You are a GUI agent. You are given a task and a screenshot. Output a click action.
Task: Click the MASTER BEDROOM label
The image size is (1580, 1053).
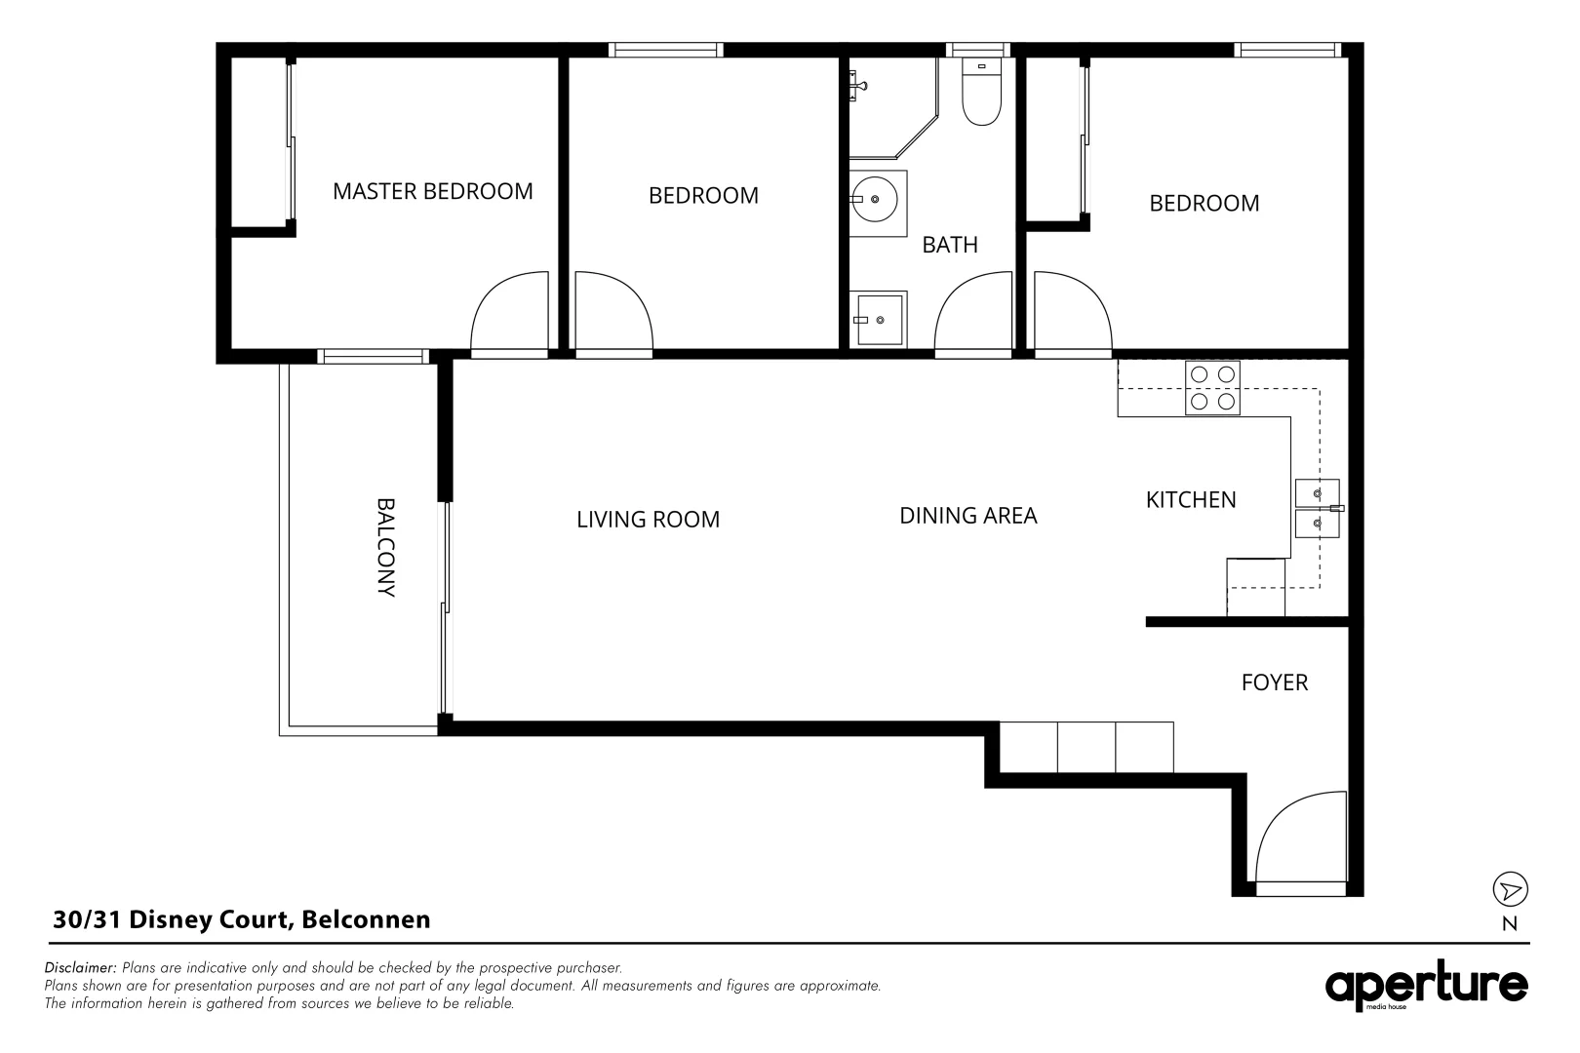coord(432,191)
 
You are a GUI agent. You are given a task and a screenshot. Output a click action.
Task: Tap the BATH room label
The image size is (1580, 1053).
coord(949,245)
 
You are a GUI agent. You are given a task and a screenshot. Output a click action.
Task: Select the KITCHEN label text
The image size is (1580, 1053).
coord(1191,500)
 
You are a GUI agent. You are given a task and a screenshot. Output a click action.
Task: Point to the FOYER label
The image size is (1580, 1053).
coord(1275,682)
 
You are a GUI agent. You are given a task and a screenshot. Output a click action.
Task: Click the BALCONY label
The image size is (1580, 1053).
coord(385,548)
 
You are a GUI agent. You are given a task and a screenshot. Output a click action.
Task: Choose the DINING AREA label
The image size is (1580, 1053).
coord(968,516)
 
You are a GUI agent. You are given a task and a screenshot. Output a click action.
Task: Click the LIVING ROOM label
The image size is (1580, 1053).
coord(648,519)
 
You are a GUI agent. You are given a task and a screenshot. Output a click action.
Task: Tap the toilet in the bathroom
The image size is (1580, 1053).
coord(981,92)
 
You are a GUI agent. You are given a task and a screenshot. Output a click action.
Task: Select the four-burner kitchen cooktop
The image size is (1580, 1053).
coord(1212,388)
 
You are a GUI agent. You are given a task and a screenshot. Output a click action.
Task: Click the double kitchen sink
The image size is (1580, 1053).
coord(1318,509)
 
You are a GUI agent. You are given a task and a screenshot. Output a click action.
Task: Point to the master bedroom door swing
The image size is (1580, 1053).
coord(510,311)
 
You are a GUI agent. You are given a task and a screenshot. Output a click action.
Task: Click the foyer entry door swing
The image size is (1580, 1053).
coord(1301,837)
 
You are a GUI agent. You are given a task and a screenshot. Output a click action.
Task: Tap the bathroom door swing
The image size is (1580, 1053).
coord(973,311)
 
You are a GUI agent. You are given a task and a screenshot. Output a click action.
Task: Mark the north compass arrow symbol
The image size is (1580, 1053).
coord(1510,889)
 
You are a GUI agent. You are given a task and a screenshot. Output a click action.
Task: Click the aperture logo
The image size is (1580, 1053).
coord(1426,986)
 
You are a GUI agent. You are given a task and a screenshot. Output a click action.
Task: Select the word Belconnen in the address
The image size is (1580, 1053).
coord(366,919)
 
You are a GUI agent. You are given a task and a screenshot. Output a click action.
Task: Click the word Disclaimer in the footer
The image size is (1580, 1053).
coord(80,967)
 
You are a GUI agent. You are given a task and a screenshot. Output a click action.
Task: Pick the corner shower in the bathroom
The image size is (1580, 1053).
coord(893,108)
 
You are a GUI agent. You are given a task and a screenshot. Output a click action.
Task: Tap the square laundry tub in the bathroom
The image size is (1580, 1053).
coord(878,320)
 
